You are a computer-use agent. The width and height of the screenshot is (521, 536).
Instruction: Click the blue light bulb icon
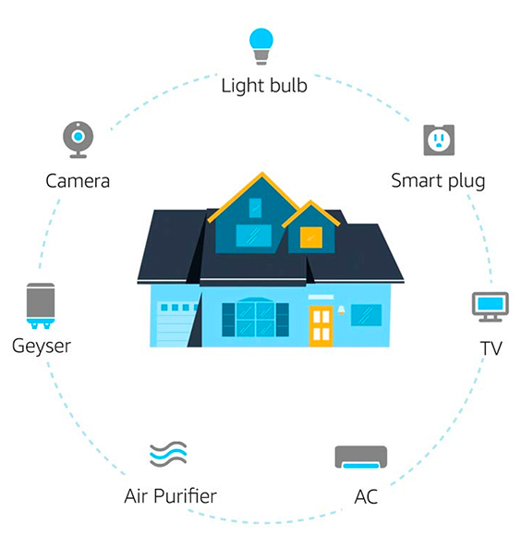pos(261,46)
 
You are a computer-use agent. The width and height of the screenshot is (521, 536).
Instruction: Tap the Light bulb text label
pos(264,85)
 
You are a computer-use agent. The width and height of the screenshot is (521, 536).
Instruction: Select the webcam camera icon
pos(79,140)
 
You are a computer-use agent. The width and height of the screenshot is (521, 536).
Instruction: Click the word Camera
pos(78,181)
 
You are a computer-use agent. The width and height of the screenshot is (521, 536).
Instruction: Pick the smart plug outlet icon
pos(439,140)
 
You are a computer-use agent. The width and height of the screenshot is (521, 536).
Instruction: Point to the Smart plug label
pos(438,181)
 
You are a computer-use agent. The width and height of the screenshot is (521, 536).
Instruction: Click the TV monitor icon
pos(491,307)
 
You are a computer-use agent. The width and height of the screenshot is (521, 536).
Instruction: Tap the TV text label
pos(491,348)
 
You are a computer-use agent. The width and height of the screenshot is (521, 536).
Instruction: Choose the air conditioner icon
pos(361,457)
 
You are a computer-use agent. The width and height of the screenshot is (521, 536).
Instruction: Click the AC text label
pos(366,496)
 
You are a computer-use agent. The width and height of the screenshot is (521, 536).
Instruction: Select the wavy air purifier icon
pos(168,455)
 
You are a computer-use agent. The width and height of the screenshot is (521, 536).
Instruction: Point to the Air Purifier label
pos(170,496)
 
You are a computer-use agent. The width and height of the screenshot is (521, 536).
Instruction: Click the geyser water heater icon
pos(41,306)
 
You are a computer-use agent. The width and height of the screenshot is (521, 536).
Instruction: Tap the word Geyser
pos(42,347)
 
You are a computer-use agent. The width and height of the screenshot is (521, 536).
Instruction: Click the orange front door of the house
pos(321,326)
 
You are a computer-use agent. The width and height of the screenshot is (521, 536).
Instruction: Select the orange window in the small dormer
pos(311,238)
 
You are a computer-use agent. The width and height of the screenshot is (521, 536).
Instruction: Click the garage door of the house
pos(175,323)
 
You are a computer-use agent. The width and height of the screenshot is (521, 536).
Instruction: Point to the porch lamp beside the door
pos(341,310)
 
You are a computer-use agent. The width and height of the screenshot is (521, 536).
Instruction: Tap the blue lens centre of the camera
pos(79,137)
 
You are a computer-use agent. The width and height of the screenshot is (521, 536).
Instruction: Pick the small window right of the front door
pos(366,315)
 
